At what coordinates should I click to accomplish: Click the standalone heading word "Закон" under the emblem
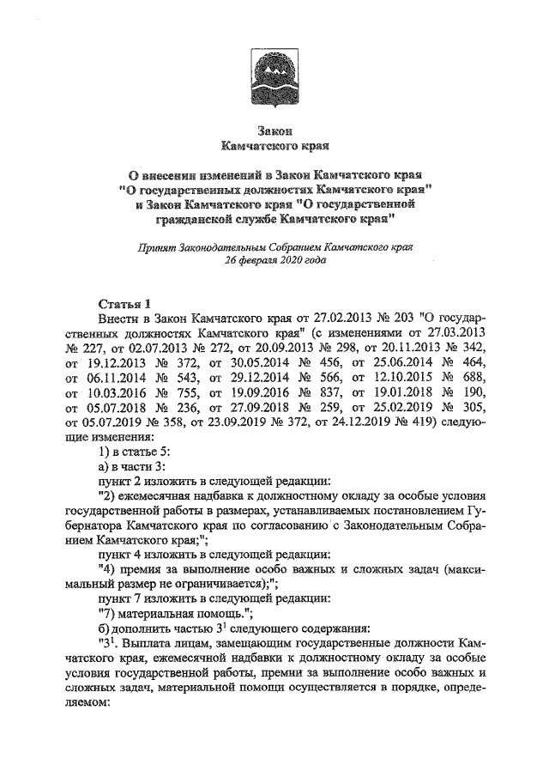pyautogui.click(x=274, y=131)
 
